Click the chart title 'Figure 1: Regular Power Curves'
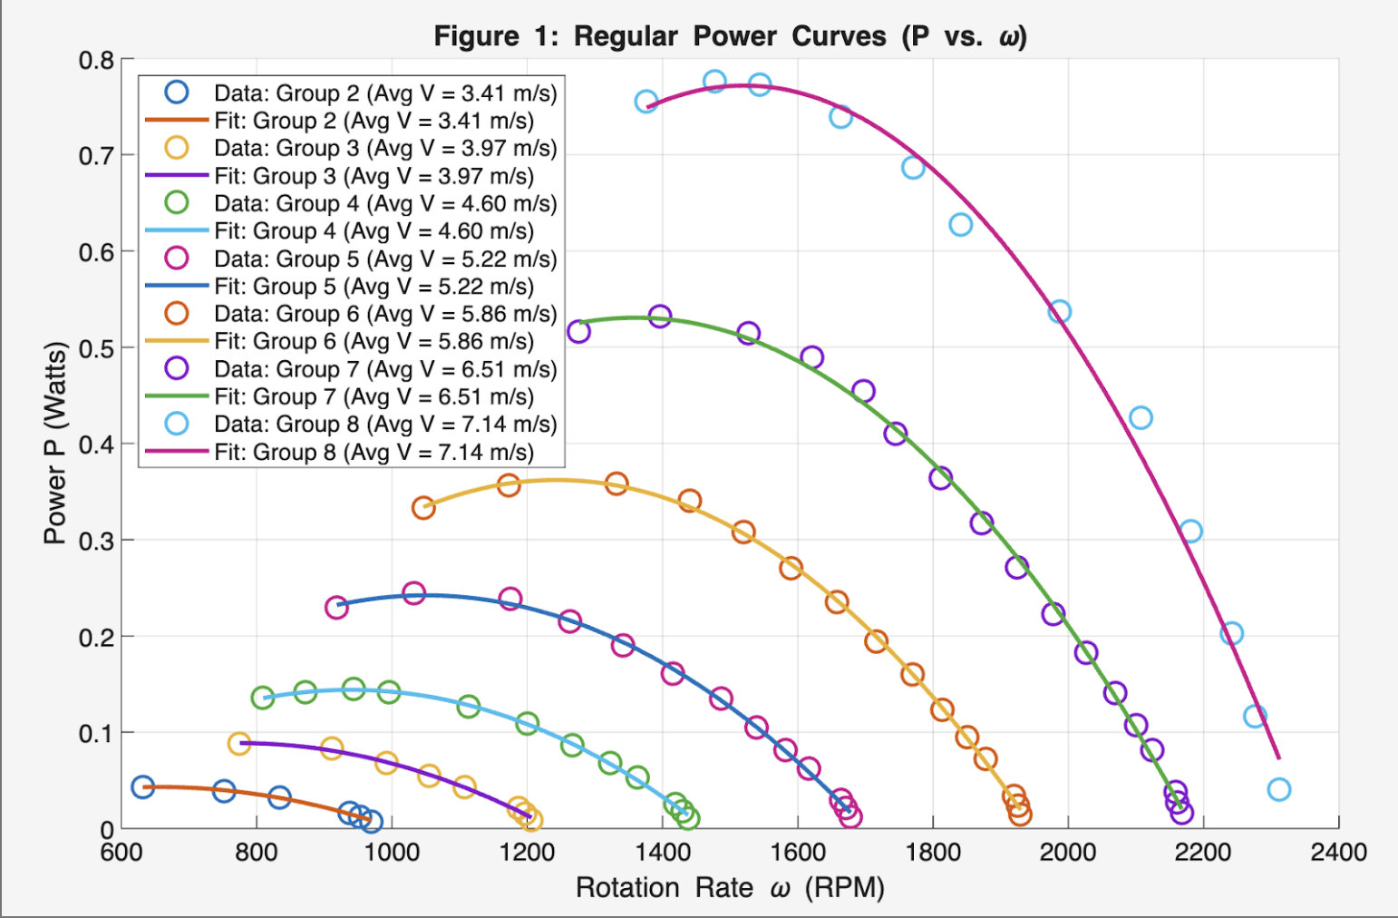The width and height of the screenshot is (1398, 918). tap(730, 36)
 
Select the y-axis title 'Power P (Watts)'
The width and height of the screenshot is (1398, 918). tap(55, 443)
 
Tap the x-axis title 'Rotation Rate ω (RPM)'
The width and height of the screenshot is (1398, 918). tap(730, 887)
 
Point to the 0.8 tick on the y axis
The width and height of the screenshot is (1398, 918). tap(96, 61)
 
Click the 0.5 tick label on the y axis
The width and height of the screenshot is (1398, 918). tap(96, 349)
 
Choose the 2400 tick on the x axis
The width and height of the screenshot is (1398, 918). tap(1338, 852)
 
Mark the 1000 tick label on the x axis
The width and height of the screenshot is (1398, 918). tap(392, 852)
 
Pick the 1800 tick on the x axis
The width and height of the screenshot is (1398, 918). tap(933, 852)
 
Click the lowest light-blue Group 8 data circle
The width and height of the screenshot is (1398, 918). tap(1278, 789)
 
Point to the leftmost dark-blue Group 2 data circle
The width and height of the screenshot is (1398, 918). tap(142, 786)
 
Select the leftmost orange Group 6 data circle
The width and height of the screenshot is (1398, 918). tap(423, 508)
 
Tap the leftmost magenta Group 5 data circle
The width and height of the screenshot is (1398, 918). tap(336, 608)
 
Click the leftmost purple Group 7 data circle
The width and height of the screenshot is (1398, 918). tap(578, 331)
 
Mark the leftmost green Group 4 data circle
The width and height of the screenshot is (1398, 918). tap(262, 698)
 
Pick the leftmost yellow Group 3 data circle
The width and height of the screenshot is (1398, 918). tap(238, 744)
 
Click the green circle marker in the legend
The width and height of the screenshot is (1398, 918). tap(176, 203)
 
